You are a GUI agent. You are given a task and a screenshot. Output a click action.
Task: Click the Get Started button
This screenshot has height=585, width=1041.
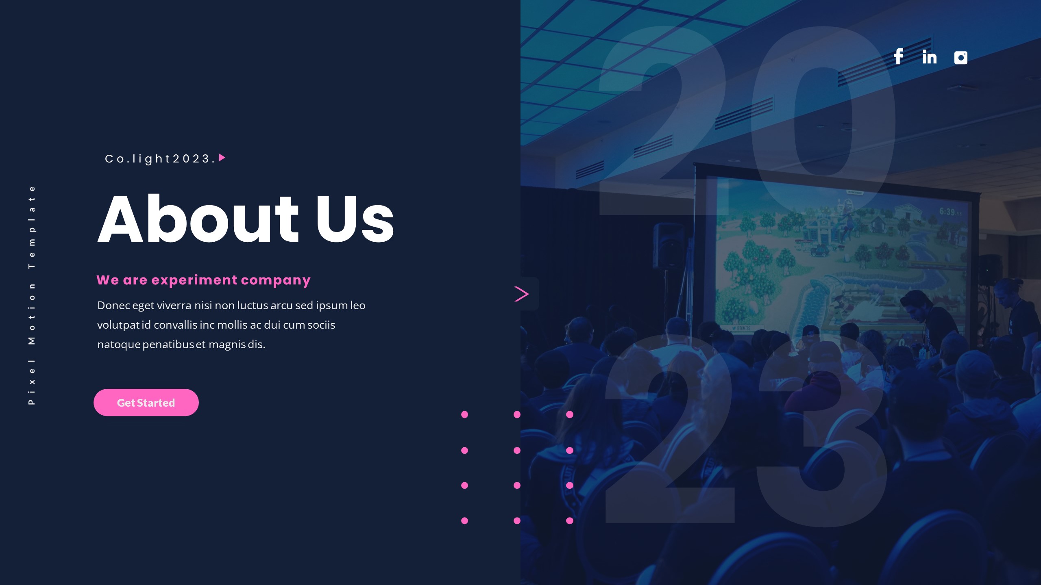pyautogui.click(x=146, y=403)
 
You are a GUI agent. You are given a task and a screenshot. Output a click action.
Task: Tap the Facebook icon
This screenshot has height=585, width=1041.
pyautogui.click(x=899, y=56)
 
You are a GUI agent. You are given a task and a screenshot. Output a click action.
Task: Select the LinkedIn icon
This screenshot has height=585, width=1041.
pyautogui.click(x=930, y=57)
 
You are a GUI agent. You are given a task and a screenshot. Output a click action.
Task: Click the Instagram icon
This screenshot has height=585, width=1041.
pyautogui.click(x=960, y=58)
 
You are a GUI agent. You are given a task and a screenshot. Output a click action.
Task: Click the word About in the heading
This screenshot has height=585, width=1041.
pyautogui.click(x=198, y=219)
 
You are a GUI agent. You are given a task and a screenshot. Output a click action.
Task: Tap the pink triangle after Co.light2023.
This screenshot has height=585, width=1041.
pyautogui.click(x=222, y=158)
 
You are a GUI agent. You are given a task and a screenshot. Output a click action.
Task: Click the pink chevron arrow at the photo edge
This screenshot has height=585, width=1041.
pyautogui.click(x=522, y=294)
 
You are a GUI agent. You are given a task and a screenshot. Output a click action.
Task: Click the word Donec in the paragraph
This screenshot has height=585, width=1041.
pyautogui.click(x=113, y=305)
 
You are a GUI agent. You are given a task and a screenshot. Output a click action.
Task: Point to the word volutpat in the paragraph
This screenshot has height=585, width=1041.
pyautogui.click(x=118, y=325)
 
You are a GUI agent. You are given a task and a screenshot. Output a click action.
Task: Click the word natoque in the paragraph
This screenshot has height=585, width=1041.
pyautogui.click(x=119, y=345)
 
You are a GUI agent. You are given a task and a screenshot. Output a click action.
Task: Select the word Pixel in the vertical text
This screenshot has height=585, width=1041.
pyautogui.click(x=32, y=382)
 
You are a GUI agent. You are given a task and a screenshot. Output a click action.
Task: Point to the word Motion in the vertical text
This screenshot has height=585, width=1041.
pyautogui.click(x=32, y=313)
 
